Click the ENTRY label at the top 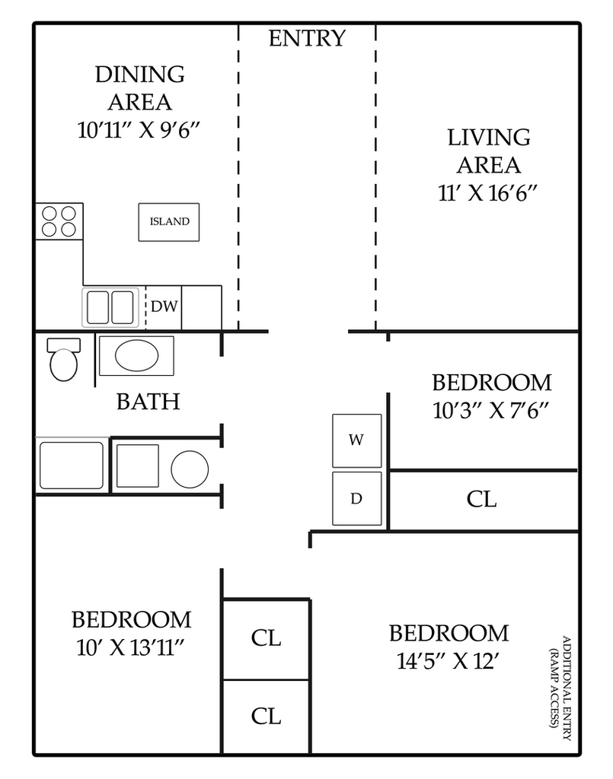click(307, 38)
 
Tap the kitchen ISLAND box click(169, 222)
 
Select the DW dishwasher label click(164, 307)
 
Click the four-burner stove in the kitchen click(59, 221)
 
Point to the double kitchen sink click(110, 307)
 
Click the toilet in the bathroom click(64, 359)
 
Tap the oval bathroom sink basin click(137, 356)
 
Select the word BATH click(148, 402)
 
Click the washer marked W click(357, 440)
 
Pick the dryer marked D click(357, 498)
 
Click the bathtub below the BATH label click(72, 466)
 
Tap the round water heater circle click(190, 469)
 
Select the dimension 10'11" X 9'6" click(139, 130)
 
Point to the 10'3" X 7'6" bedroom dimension click(491, 411)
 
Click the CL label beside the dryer click(481, 499)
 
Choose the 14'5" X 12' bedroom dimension click(449, 661)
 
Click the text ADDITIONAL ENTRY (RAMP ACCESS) click(560, 688)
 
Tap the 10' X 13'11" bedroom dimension click(131, 648)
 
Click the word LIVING click(489, 138)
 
